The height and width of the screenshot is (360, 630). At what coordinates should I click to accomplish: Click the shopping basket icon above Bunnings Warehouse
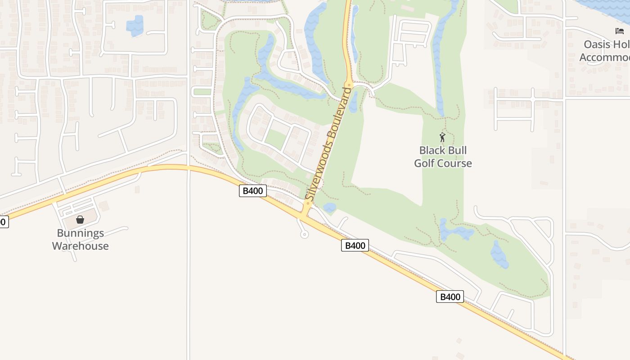click(x=80, y=220)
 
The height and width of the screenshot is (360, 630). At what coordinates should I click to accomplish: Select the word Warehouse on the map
click(x=80, y=246)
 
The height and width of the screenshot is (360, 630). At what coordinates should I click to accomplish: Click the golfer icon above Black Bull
click(x=442, y=137)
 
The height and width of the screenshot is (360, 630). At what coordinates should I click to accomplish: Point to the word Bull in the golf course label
click(x=456, y=150)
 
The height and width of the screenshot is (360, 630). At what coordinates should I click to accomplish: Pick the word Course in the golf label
click(x=456, y=163)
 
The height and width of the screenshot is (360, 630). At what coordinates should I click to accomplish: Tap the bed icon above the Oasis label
click(x=620, y=31)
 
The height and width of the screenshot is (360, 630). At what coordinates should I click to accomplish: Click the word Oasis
click(x=597, y=44)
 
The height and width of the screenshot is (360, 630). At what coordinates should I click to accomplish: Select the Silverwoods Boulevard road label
click(x=328, y=144)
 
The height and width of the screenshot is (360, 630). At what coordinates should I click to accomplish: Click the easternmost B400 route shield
click(x=450, y=297)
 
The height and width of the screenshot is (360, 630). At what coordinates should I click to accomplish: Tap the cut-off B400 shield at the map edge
click(x=3, y=221)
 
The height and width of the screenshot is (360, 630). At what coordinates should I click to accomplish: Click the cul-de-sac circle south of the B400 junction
click(x=305, y=234)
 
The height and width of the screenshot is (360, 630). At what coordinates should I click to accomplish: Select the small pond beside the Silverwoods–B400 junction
click(x=329, y=207)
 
